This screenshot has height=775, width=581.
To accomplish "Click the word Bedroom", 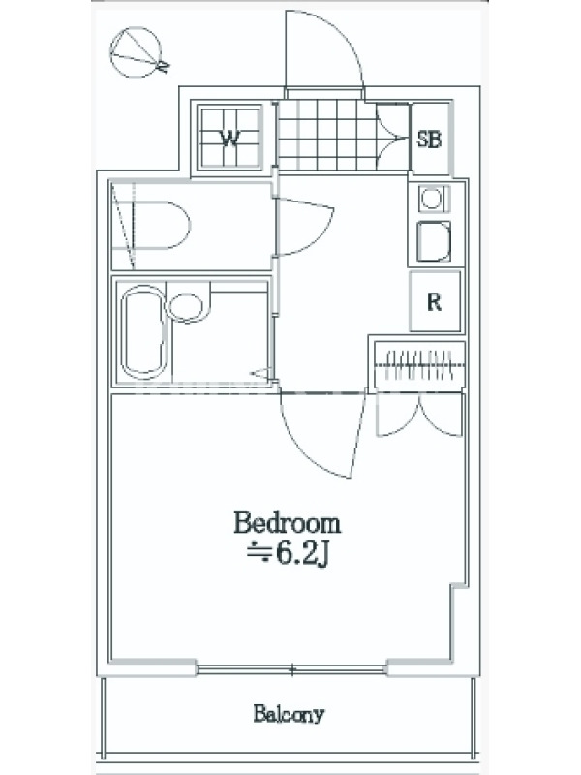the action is [287, 523].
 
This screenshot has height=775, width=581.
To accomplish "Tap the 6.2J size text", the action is [288, 555].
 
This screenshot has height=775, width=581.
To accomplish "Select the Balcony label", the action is [289, 714].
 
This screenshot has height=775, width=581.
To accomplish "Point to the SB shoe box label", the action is [429, 139].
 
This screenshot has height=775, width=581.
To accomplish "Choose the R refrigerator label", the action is [434, 302].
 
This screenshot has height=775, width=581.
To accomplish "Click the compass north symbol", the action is [138, 52].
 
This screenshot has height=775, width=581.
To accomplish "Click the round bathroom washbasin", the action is [186, 307].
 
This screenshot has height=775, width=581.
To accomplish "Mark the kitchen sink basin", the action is [434, 240].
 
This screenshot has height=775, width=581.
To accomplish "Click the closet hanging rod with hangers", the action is [420, 365].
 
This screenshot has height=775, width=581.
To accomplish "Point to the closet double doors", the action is [419, 415].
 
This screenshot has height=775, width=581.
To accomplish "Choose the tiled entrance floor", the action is [326, 135].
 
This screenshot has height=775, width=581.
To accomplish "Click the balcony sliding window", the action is [292, 669].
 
